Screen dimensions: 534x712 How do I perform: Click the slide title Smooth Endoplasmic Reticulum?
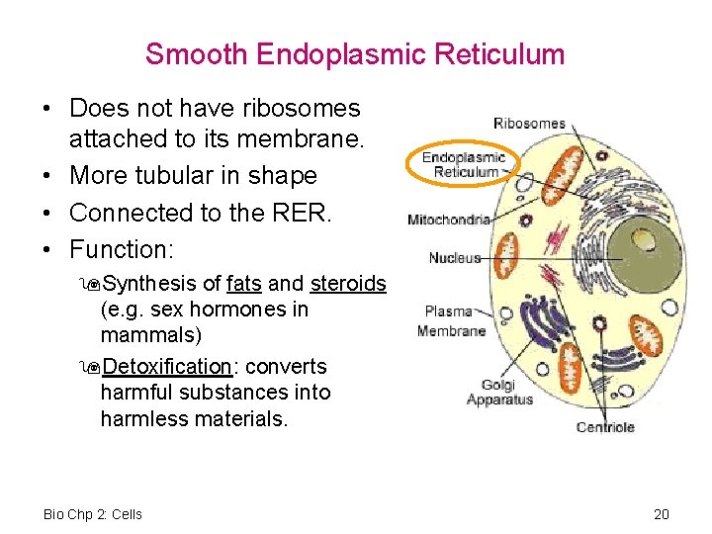coord(355,53)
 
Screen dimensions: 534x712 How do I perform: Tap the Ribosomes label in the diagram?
coord(529,124)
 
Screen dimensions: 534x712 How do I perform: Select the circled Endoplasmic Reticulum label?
coord(463,164)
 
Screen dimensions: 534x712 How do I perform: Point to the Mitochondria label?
coord(449,220)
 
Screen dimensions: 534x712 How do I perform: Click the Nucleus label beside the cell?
coord(455,258)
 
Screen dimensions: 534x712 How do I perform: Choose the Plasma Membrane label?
coord(451,321)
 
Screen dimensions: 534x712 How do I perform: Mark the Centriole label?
coord(605,427)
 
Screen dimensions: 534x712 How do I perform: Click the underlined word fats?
coord(243,284)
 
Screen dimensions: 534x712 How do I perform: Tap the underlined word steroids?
coord(348,284)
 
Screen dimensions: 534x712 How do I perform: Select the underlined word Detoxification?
coord(167,367)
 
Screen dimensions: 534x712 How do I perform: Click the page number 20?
coord(662,514)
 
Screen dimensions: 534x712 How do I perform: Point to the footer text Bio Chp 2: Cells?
coord(93,514)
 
